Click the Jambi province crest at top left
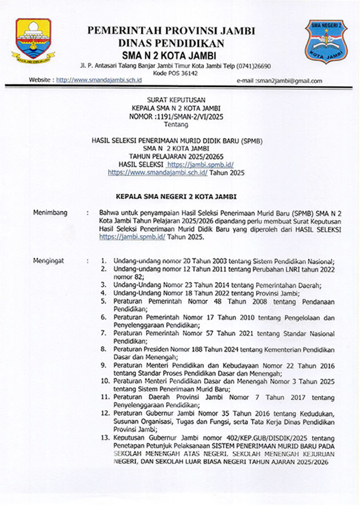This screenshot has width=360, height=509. pyautogui.click(x=33, y=42)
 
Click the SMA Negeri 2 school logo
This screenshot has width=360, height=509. pyautogui.click(x=326, y=41)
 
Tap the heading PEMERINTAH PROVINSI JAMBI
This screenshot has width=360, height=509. pyautogui.click(x=171, y=31)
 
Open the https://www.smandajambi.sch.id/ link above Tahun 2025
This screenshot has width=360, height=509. pyautogui.click(x=157, y=171)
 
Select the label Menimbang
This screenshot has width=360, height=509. pyautogui.click(x=51, y=213)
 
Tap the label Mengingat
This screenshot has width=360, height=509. pyautogui.click(x=50, y=260)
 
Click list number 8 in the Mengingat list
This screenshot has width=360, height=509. pyautogui.click(x=103, y=348)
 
